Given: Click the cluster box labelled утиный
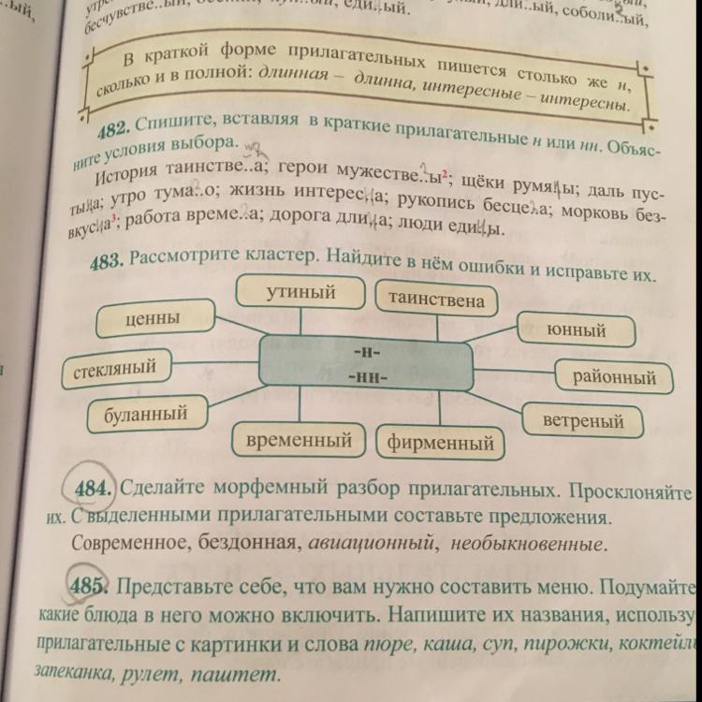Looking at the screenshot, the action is [300, 293].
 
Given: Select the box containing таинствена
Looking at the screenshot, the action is [437, 300].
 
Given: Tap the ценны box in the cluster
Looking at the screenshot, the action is [152, 320].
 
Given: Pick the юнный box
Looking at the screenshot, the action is [577, 330].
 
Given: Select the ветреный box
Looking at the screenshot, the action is [583, 420].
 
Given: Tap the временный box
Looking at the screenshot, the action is [305, 439].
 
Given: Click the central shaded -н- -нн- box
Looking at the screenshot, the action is [366, 363].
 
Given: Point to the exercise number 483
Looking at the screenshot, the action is [108, 263].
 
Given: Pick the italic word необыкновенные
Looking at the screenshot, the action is [527, 542].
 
